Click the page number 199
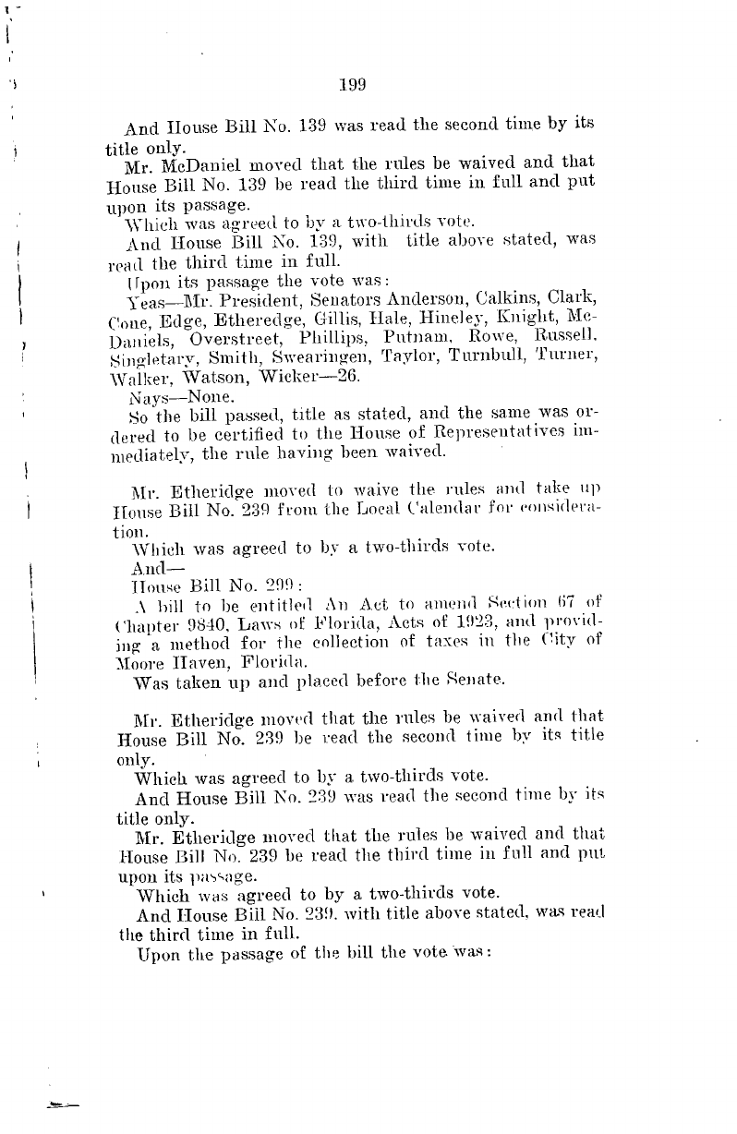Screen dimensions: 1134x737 (x=354, y=86)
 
